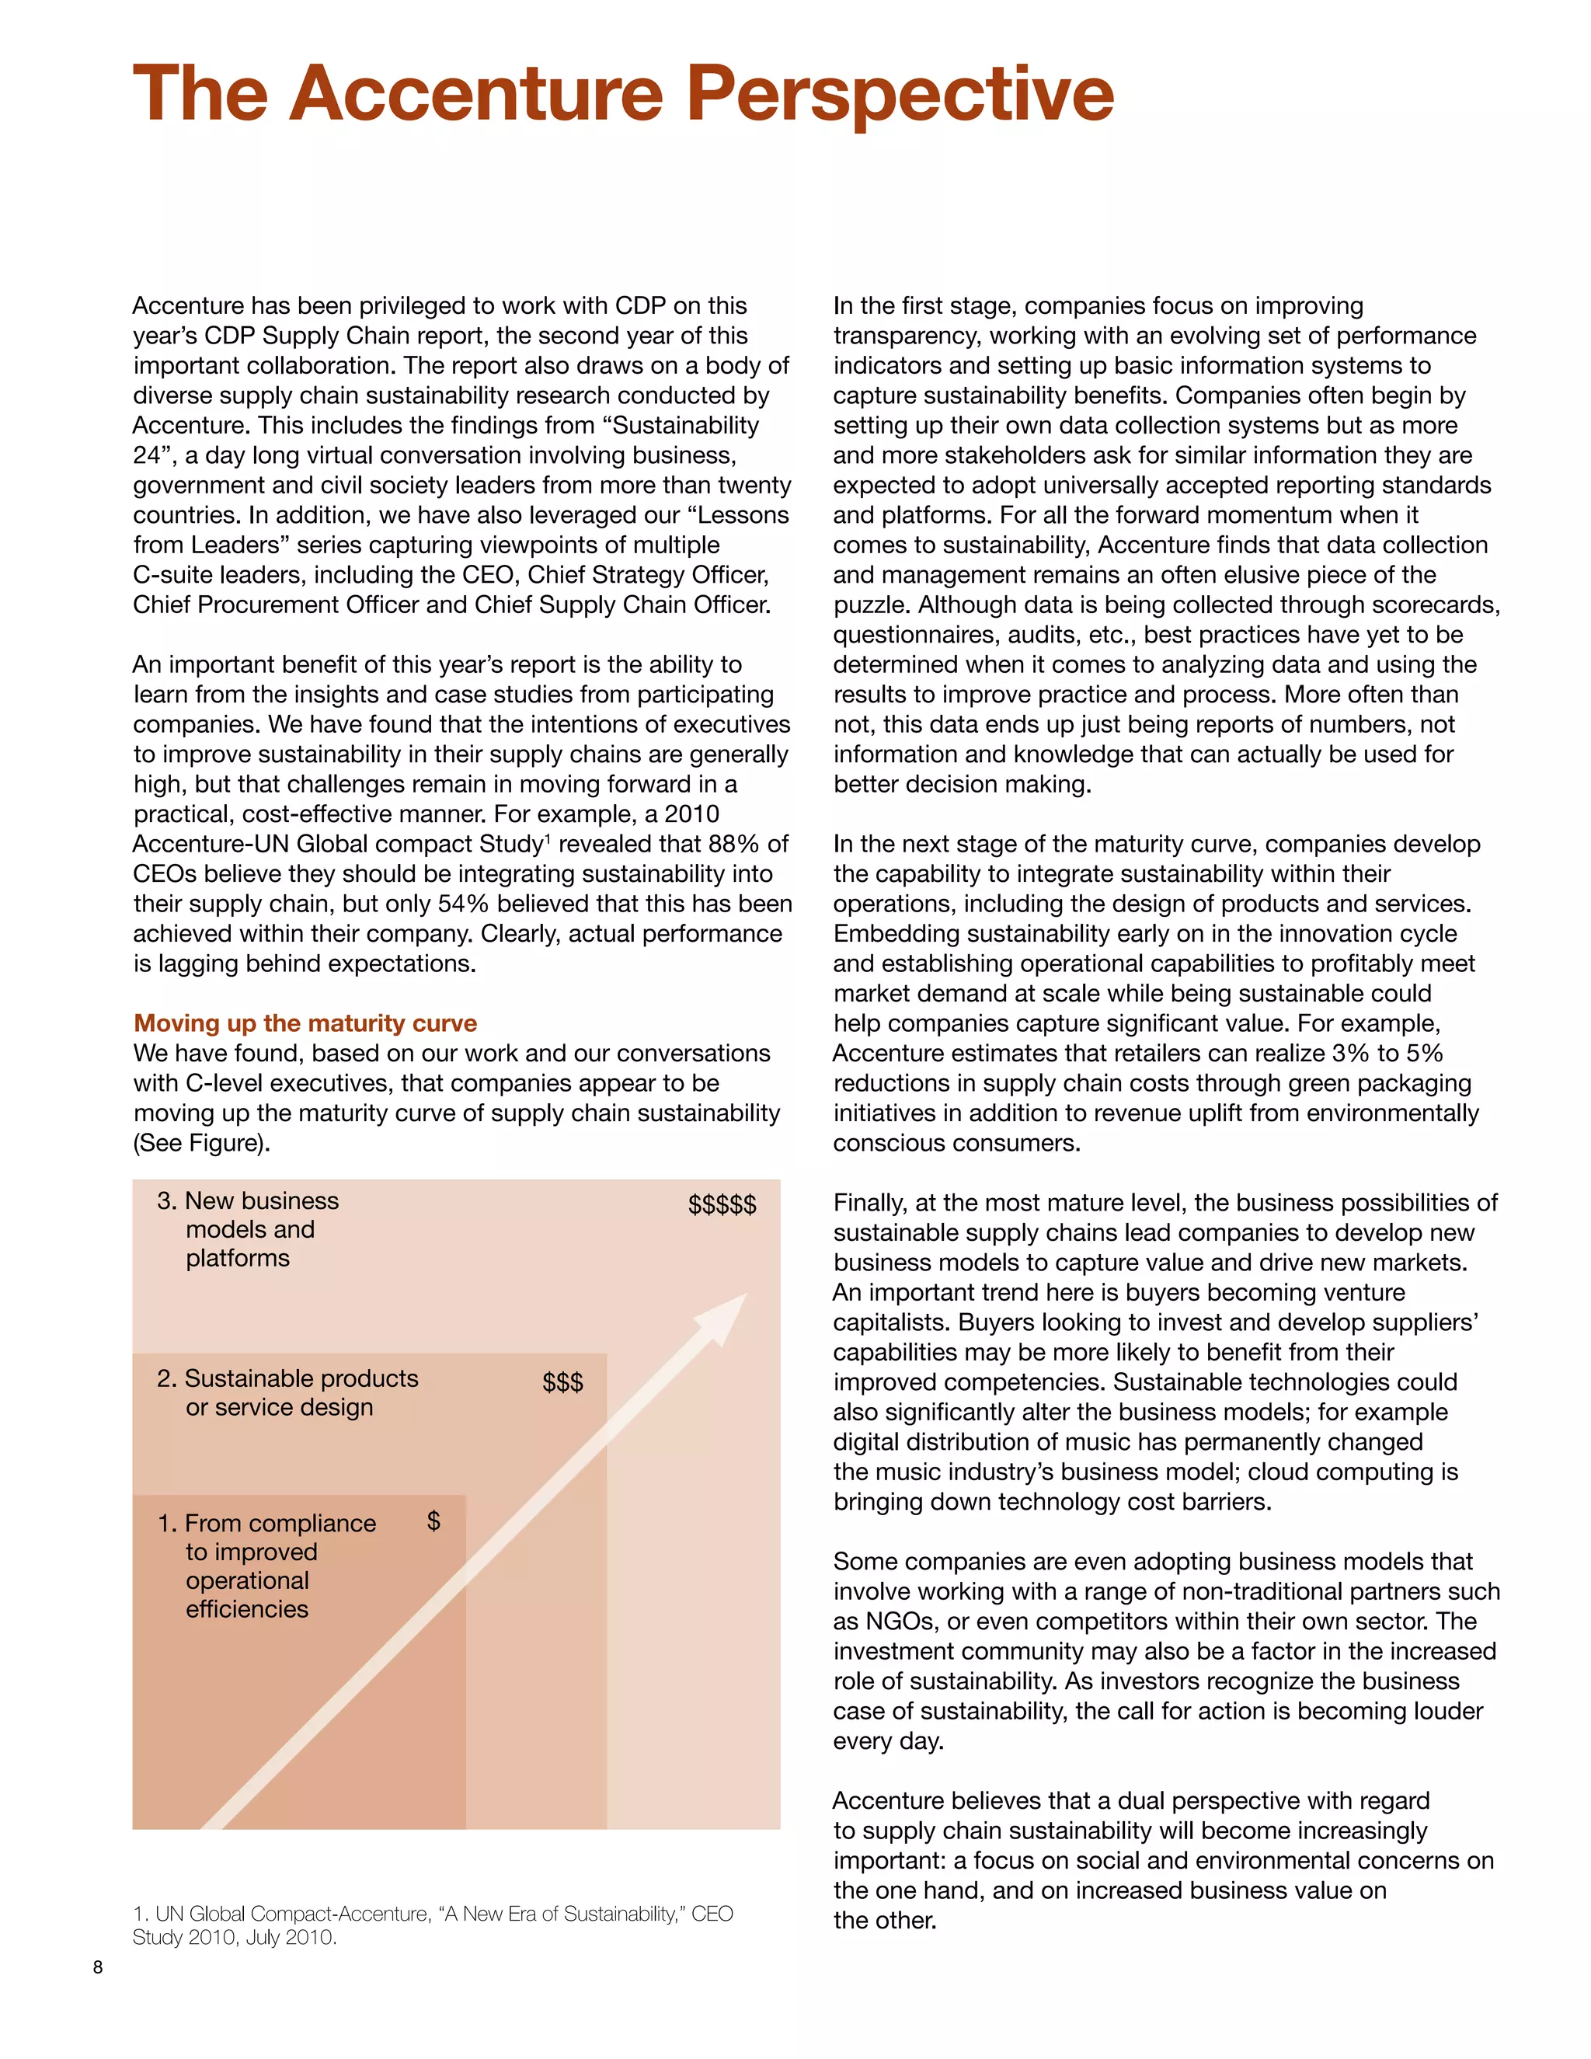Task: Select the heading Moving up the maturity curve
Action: pyautogui.click(x=305, y=1023)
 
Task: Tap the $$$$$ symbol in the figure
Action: pyautogui.click(x=722, y=1205)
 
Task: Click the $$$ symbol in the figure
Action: pyautogui.click(x=562, y=1383)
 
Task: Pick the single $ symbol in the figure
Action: pyautogui.click(x=433, y=1521)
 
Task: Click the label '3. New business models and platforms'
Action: pyautogui.click(x=247, y=1229)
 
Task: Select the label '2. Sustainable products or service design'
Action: pyautogui.click(x=287, y=1392)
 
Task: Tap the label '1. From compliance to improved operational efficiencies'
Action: pyautogui.click(x=266, y=1566)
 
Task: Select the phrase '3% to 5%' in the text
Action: pyautogui.click(x=1387, y=1053)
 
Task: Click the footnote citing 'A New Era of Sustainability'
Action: pyautogui.click(x=433, y=1925)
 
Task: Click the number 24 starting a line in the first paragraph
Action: pyautogui.click(x=147, y=455)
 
